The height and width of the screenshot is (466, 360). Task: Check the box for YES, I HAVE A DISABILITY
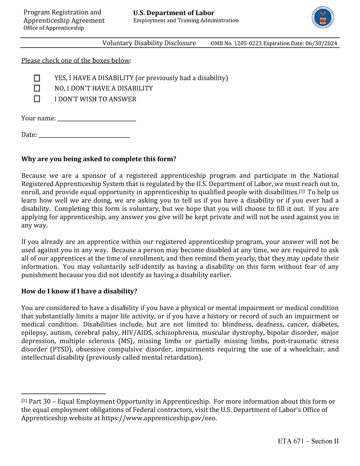tap(37, 78)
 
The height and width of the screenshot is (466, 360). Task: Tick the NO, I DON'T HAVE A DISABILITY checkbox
tap(37, 88)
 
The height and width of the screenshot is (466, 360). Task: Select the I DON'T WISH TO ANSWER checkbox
tap(37, 99)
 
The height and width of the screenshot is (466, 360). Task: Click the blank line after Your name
tap(96, 118)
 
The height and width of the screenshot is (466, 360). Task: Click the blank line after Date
tap(84, 135)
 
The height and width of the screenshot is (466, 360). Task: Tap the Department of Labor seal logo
tap(323, 18)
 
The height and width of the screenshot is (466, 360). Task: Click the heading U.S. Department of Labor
tap(174, 13)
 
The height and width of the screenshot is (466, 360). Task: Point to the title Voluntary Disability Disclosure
tap(149, 43)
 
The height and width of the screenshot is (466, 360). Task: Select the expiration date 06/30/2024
tap(321, 44)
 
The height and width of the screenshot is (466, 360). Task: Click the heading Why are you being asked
tap(99, 159)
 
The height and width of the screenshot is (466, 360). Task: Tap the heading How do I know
tap(79, 291)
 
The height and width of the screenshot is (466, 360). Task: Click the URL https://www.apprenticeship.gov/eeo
tap(159, 418)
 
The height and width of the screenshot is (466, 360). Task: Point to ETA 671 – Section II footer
tap(308, 441)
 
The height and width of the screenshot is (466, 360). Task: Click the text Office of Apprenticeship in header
tap(54, 28)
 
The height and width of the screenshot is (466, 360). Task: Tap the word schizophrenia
tap(177, 333)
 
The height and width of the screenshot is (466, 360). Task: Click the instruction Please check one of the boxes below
tap(75, 61)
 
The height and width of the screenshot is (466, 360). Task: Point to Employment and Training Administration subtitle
tap(186, 21)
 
